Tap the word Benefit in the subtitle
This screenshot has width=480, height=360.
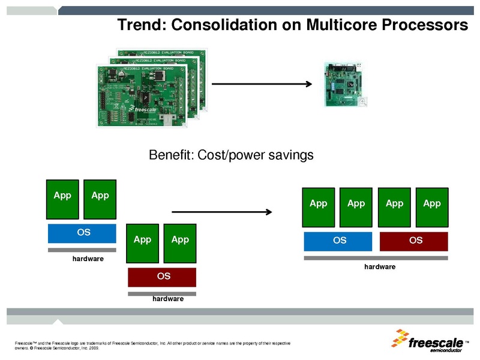pyautogui.click(x=168, y=155)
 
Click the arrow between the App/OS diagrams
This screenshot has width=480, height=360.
pyautogui.click(x=223, y=212)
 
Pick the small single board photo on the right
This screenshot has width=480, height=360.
pyautogui.click(x=345, y=83)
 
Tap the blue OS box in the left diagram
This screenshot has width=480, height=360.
pyautogui.click(x=82, y=233)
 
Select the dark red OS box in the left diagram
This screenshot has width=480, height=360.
pyautogui.click(x=162, y=277)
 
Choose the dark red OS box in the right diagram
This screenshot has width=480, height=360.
pyautogui.click(x=414, y=241)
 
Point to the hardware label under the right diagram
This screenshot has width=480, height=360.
pyautogui.click(x=380, y=266)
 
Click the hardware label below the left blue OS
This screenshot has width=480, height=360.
pyautogui.click(x=88, y=259)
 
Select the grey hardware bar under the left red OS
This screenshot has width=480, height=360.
pyautogui.click(x=162, y=293)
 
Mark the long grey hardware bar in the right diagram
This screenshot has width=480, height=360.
pyautogui.click(x=376, y=258)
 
